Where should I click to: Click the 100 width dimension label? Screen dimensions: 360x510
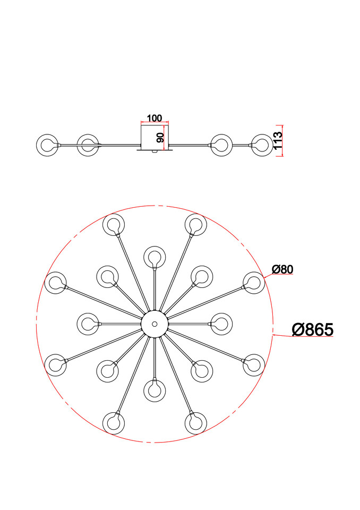(155, 118)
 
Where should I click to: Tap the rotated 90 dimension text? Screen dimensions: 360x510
(160, 138)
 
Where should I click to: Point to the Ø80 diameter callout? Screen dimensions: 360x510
(282, 269)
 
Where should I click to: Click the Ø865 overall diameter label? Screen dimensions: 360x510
(313, 329)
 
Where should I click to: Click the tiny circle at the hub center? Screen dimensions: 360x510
(155, 324)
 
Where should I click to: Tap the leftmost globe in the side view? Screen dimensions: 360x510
(47, 145)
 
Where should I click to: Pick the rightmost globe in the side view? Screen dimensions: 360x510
(262, 145)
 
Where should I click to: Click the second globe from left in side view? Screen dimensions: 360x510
(88, 145)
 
